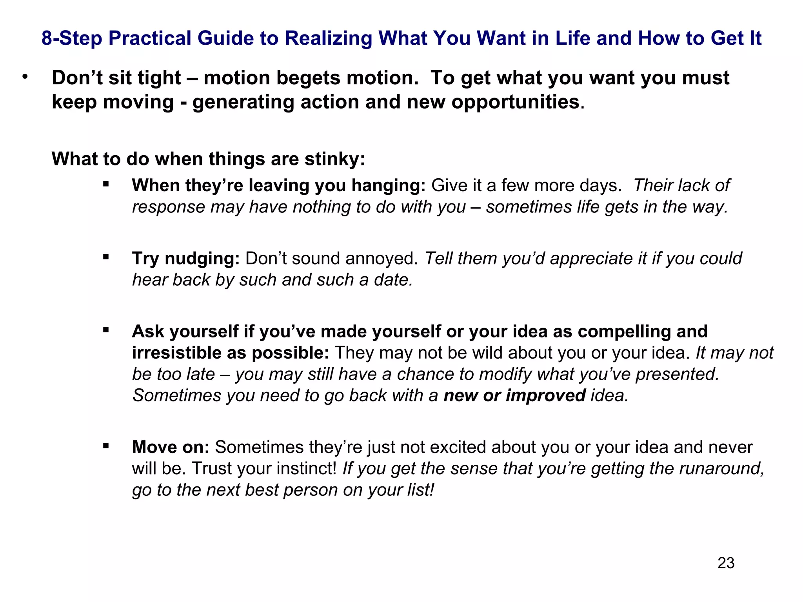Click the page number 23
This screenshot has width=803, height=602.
[726, 563]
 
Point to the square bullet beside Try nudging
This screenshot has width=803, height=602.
[106, 257]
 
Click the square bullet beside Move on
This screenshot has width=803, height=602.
[106, 446]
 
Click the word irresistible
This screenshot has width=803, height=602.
[176, 353]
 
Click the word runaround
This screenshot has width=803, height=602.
[721, 469]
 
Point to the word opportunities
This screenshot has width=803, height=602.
[515, 102]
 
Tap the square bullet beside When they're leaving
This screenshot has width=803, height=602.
[106, 184]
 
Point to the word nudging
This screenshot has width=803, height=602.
[202, 259]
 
